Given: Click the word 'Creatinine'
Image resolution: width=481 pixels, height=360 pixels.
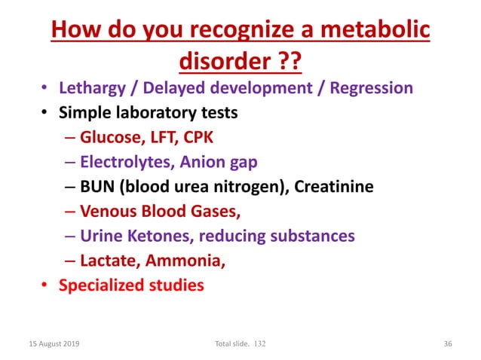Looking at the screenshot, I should [334, 187].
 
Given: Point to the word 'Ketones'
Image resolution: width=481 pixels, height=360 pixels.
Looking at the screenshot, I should [155, 236].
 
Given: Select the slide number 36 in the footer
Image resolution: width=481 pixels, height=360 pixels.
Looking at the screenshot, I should [447, 343].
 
